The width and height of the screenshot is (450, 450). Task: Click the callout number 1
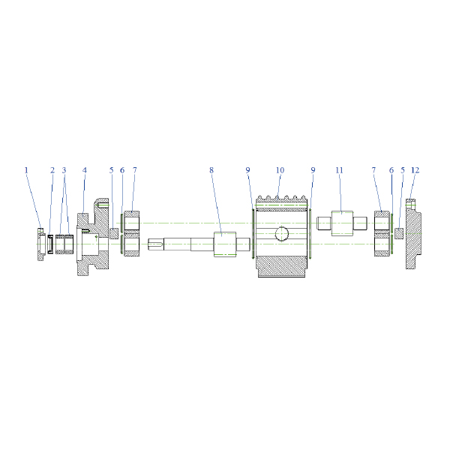pyautogui.click(x=26, y=170)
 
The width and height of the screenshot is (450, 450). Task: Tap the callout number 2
pyautogui.click(x=52, y=170)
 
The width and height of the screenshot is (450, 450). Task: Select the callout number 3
pyautogui.click(x=64, y=170)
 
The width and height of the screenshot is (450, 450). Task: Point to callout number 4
pyautogui.click(x=84, y=170)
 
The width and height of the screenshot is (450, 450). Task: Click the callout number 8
pyautogui.click(x=211, y=170)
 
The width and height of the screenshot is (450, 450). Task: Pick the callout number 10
pyautogui.click(x=280, y=170)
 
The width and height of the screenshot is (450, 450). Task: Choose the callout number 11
pyautogui.click(x=339, y=170)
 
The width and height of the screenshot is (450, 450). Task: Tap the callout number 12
pyautogui.click(x=415, y=170)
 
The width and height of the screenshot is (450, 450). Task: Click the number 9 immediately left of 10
pyautogui.click(x=248, y=170)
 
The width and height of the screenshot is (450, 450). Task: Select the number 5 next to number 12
pyautogui.click(x=403, y=170)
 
